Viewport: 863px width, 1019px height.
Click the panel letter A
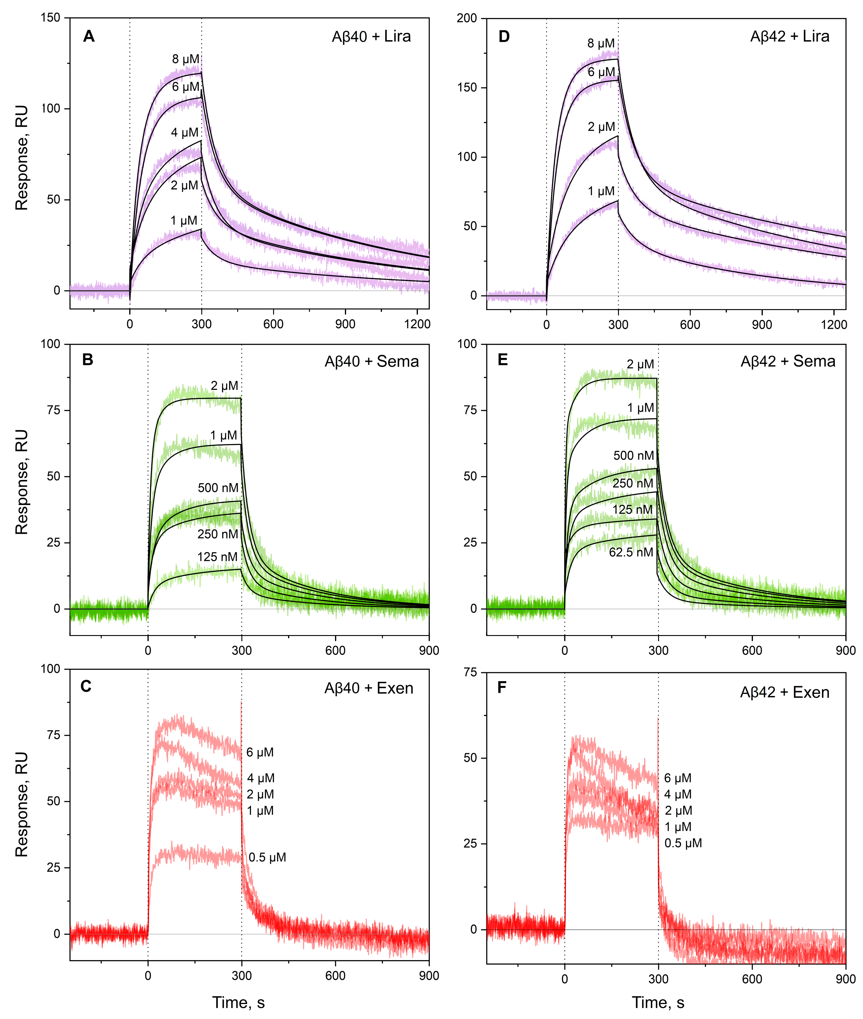89,36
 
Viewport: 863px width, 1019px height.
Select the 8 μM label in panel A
185,59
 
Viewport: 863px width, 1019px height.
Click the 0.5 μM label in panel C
267,857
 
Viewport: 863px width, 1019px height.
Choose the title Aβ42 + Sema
788,361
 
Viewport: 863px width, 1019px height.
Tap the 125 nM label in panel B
217,557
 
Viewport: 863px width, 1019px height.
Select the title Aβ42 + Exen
784,692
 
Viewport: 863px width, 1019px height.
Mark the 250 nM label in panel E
633,483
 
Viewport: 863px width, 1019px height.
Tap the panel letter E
503,360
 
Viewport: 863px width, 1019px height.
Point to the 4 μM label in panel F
678,794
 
